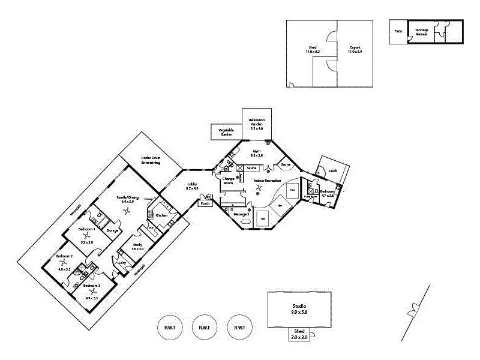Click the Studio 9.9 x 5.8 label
pyautogui.click(x=299, y=309)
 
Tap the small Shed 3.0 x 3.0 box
pyautogui.click(x=299, y=335)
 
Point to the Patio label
pyautogui.click(x=398, y=31)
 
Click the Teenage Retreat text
pyautogui.click(x=422, y=32)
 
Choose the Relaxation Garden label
pyautogui.click(x=257, y=124)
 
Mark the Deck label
pyautogui.click(x=333, y=171)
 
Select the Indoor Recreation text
pyautogui.click(x=268, y=180)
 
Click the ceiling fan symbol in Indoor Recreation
pyautogui.click(x=259, y=188)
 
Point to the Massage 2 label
pyautogui.click(x=241, y=214)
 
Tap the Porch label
pyautogui.click(x=205, y=203)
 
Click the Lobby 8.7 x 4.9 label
pyautogui.click(x=192, y=186)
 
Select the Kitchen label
pyautogui.click(x=161, y=215)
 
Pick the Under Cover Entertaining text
pyautogui.click(x=151, y=160)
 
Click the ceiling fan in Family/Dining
pyautogui.click(x=127, y=211)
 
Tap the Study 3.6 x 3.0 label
pyautogui.click(x=137, y=247)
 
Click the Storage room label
pyautogui.click(x=112, y=230)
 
